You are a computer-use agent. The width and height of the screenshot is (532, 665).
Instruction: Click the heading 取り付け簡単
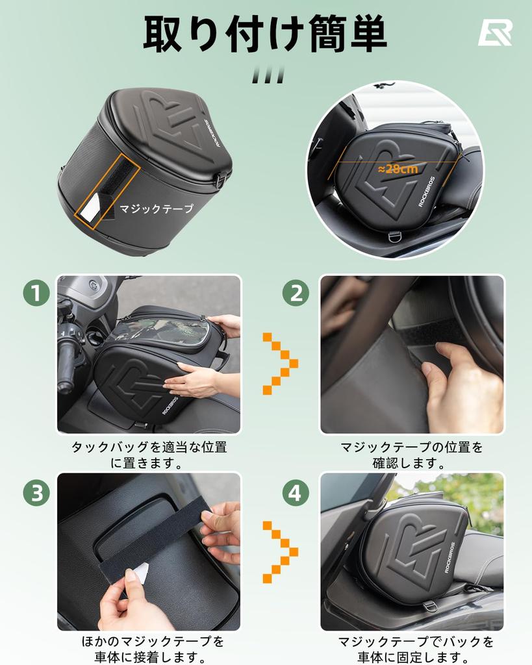(265, 33)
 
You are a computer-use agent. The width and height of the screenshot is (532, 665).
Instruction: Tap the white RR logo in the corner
(495, 32)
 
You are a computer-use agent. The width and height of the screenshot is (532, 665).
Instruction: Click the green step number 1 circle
(36, 294)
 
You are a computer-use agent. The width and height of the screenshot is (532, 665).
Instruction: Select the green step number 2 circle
(296, 294)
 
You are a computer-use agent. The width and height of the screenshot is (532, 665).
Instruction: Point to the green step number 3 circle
(36, 494)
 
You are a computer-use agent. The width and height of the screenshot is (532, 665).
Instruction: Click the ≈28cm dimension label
(398, 168)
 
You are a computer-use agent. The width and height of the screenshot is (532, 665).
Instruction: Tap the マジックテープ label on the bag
(156, 208)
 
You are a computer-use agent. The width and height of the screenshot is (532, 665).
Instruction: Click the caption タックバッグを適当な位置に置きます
(149, 455)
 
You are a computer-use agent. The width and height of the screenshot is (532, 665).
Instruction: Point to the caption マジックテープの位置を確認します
(412, 455)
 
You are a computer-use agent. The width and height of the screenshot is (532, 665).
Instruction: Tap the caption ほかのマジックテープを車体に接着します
(149, 649)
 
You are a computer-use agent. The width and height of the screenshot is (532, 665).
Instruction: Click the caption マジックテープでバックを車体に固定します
(416, 649)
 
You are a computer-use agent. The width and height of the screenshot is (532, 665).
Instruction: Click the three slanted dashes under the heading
(268, 75)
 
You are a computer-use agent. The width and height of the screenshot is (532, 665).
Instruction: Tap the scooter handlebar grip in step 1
(66, 367)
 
